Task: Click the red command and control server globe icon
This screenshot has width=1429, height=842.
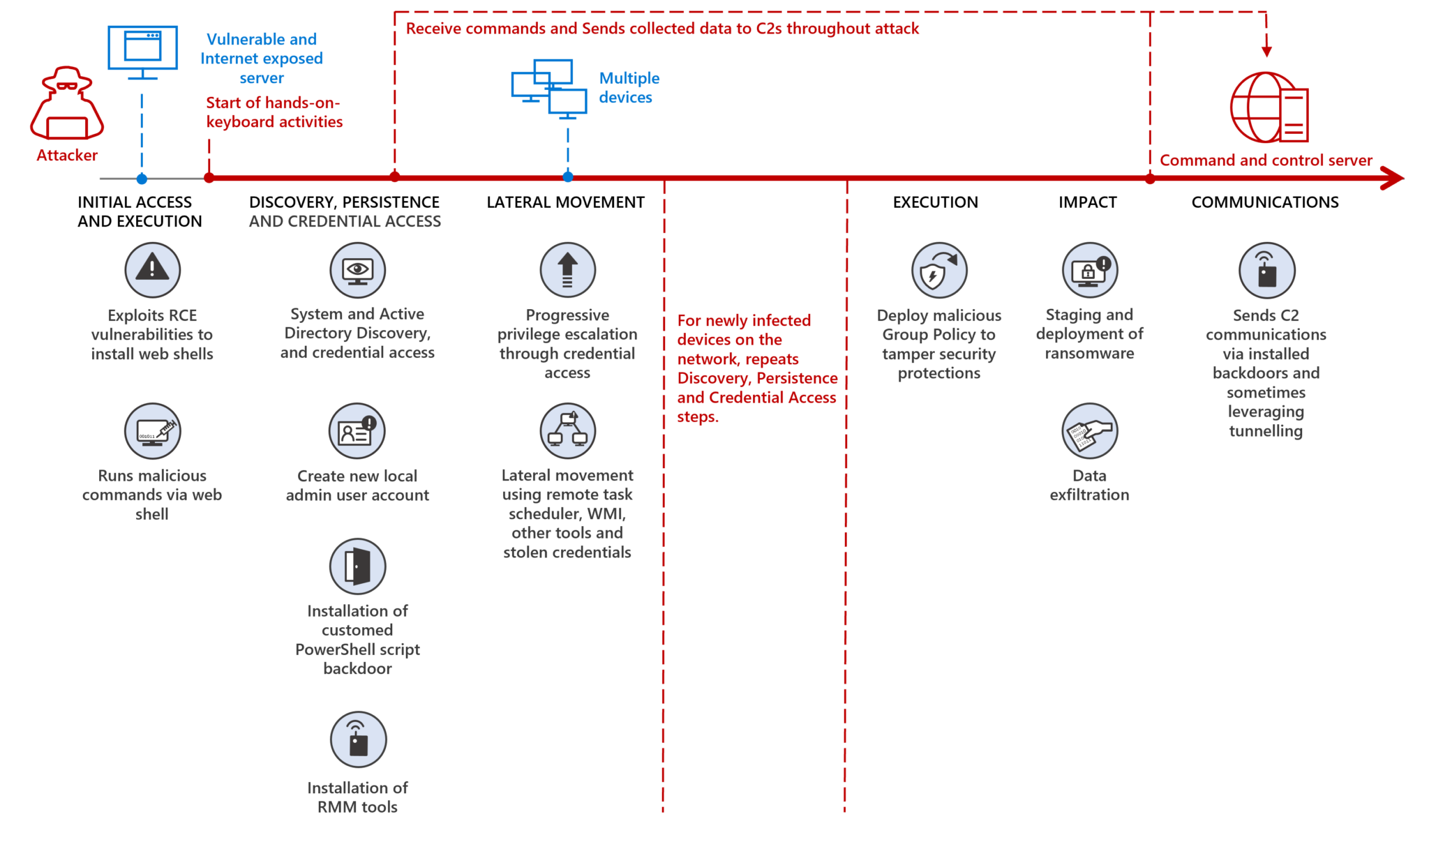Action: pyautogui.click(x=1268, y=107)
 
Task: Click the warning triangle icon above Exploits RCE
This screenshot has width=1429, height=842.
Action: pyautogui.click(x=152, y=269)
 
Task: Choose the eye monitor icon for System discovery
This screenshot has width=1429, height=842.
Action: pyautogui.click(x=357, y=269)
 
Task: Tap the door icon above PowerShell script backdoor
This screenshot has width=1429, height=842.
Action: pyautogui.click(x=357, y=566)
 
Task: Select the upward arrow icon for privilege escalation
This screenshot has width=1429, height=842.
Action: pyautogui.click(x=567, y=269)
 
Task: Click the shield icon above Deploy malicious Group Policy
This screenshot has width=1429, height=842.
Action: pyautogui.click(x=938, y=270)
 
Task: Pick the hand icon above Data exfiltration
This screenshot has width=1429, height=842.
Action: pyautogui.click(x=1089, y=430)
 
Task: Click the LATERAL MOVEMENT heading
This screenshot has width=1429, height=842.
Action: pyautogui.click(x=565, y=202)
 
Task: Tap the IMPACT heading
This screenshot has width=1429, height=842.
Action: pyautogui.click(x=1087, y=202)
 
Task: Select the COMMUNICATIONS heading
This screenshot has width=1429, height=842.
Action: pyautogui.click(x=1264, y=202)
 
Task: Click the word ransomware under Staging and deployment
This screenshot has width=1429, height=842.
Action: pyautogui.click(x=1089, y=354)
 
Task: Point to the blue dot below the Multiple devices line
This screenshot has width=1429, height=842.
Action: pyautogui.click(x=568, y=177)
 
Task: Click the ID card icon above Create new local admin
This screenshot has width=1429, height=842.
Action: pyautogui.click(x=357, y=430)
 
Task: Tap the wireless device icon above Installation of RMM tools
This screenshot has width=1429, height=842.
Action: pyautogui.click(x=358, y=739)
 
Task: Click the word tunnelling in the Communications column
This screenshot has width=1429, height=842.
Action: pyautogui.click(x=1265, y=431)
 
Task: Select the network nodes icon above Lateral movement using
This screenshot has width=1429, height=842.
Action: pyautogui.click(x=567, y=430)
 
